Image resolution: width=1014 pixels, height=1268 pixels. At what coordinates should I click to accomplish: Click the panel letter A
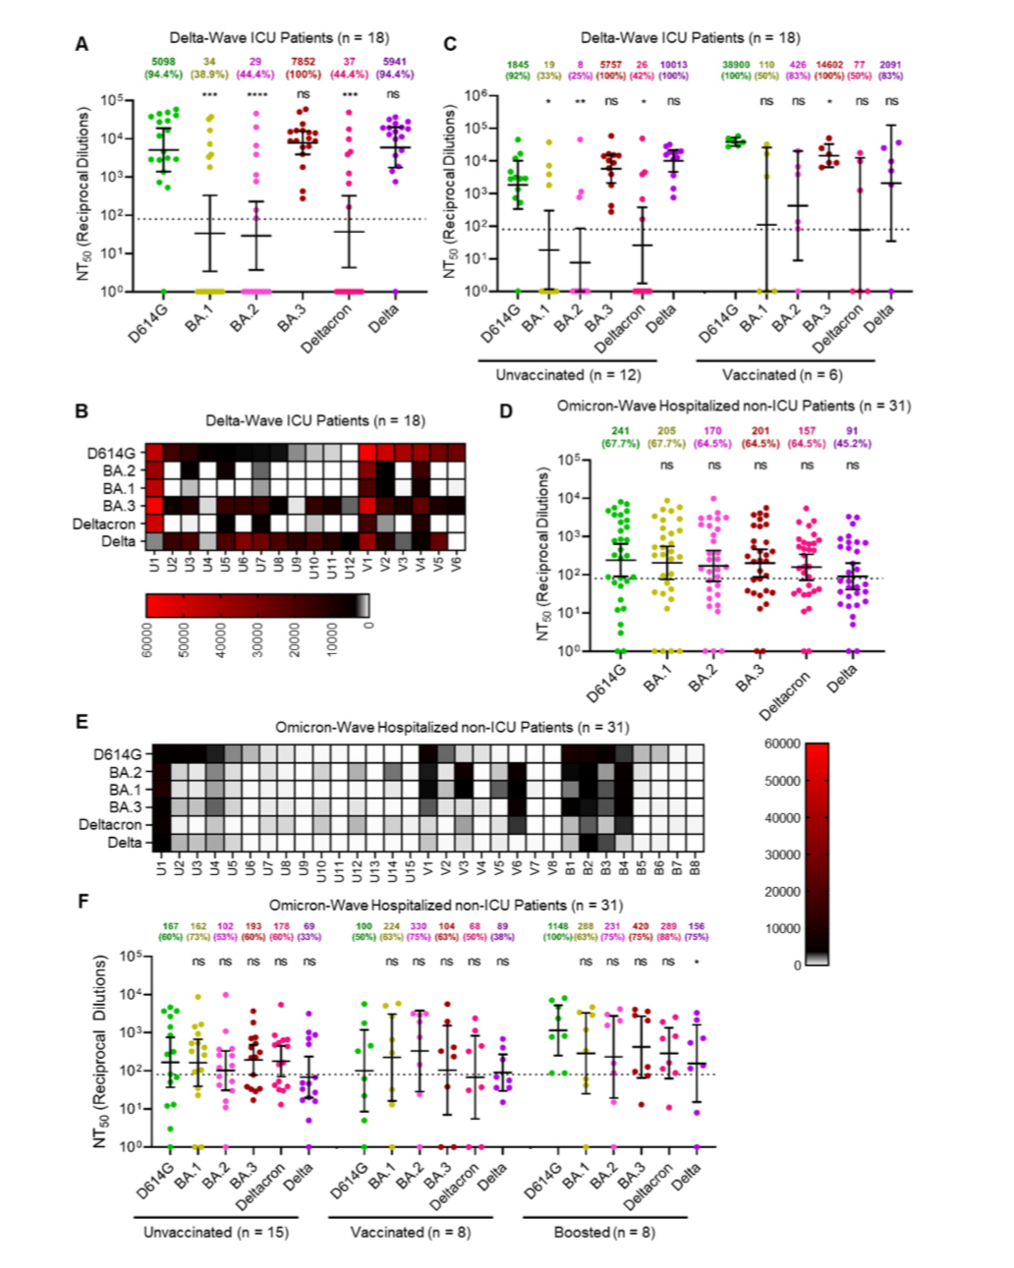click(83, 44)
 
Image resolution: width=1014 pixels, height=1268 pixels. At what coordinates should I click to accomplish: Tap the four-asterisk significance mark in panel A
click(255, 94)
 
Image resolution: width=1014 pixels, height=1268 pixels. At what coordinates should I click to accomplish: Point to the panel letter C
click(451, 44)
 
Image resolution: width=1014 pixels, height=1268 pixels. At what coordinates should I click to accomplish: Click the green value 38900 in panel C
click(736, 65)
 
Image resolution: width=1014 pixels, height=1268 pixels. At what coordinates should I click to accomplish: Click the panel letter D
click(506, 412)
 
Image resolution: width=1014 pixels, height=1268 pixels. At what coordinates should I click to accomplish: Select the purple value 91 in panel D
click(852, 430)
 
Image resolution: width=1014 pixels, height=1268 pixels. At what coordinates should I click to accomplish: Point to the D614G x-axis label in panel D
click(607, 684)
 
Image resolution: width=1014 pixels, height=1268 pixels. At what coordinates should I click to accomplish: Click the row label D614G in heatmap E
click(117, 754)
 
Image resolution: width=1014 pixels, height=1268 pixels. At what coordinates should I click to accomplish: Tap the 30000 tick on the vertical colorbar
click(782, 855)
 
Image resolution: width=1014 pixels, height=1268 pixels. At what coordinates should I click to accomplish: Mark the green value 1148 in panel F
click(558, 926)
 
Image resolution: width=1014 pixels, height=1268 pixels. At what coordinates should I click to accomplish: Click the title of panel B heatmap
click(314, 420)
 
